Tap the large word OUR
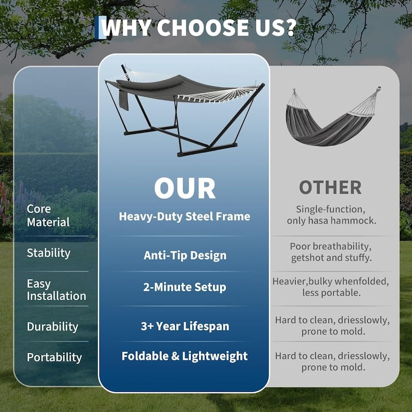(184, 189)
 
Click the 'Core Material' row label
(48, 216)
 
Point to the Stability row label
(48, 253)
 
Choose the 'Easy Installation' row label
(56, 290)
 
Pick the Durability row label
(52, 327)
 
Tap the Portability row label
(54, 357)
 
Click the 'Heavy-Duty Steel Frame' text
(184, 216)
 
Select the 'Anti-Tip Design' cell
(184, 255)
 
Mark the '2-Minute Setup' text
(184, 287)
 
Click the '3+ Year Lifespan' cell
(184, 327)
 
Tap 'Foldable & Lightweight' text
(184, 356)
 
